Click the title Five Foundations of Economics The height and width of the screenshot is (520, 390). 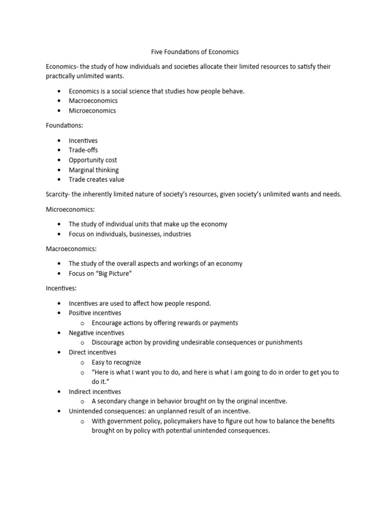coord(194,52)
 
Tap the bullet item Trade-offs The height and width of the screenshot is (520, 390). coord(83,150)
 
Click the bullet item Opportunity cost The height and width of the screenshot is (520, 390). coord(93,160)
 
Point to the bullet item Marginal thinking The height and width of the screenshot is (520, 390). coord(93,170)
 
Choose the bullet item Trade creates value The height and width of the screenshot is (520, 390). coord(96,179)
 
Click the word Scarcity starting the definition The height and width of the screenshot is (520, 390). coord(58,194)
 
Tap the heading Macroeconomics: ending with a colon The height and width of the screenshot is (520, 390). coord(71,249)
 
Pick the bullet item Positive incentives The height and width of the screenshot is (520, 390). coord(95,313)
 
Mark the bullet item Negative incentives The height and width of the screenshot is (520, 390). coord(96,333)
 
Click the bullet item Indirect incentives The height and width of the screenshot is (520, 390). coord(95,392)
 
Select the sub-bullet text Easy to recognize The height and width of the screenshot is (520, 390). coord(116,362)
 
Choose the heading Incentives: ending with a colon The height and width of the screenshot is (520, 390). coord(61,288)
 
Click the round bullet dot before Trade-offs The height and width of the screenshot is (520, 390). coord(59,151)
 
